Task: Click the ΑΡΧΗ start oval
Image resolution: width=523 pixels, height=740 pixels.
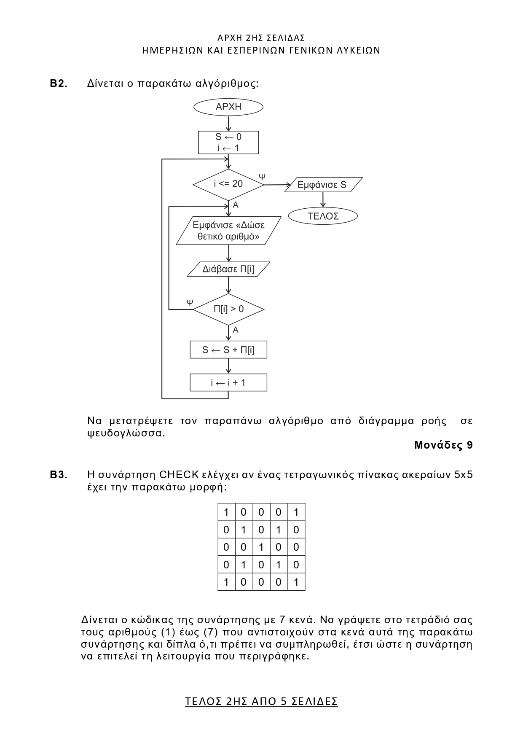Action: tap(228, 107)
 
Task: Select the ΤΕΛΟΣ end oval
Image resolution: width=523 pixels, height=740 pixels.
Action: tap(323, 216)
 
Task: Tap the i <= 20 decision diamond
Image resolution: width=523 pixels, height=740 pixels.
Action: tap(228, 184)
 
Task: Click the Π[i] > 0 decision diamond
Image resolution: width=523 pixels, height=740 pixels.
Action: tap(228, 309)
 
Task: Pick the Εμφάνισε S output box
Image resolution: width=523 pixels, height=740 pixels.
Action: tap(323, 185)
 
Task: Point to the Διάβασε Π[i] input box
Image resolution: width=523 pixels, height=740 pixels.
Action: tap(228, 269)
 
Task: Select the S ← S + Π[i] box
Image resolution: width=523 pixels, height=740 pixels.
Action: tap(228, 350)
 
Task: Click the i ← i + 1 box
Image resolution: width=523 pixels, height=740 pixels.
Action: tap(228, 383)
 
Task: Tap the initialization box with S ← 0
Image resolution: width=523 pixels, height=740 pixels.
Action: tap(228, 143)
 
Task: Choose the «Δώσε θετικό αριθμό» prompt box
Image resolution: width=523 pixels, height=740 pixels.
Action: tap(228, 231)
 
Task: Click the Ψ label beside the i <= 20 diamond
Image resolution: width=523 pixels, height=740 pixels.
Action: tap(262, 177)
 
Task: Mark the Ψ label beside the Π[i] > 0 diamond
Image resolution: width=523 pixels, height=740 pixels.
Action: tap(190, 302)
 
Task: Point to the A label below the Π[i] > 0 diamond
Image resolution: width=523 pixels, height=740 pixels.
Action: tap(236, 330)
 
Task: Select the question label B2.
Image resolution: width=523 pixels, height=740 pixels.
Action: tap(59, 83)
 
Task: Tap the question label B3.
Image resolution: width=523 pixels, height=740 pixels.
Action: tap(59, 475)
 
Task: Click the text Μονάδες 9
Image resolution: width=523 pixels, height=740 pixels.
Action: tap(443, 445)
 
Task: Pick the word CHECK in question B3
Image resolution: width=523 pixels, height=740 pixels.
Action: tap(179, 475)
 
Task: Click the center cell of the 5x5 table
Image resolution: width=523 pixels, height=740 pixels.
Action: tap(261, 547)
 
